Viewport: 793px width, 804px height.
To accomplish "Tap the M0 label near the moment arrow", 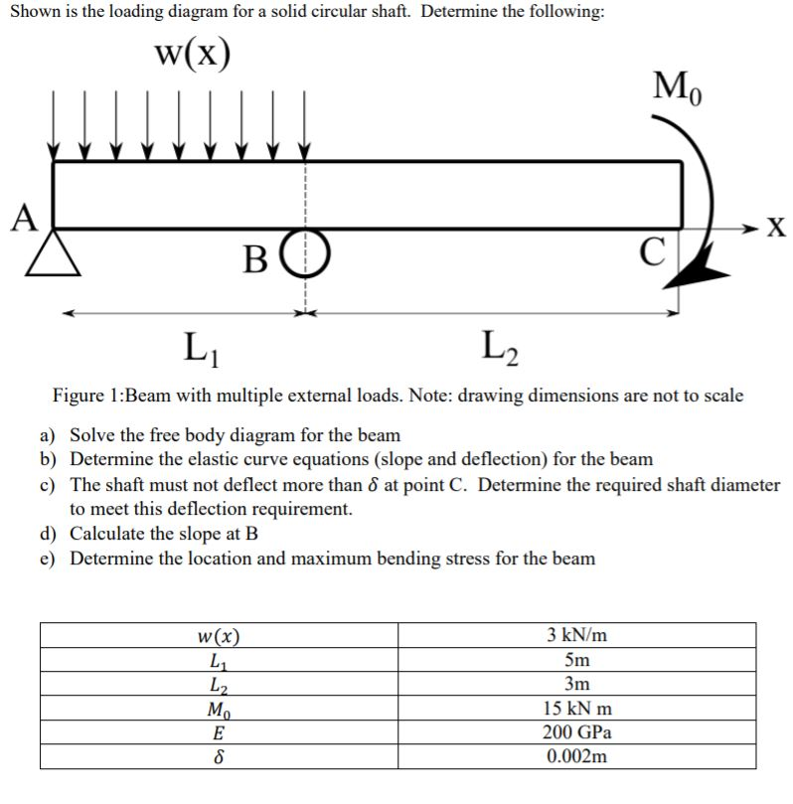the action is point(677,87).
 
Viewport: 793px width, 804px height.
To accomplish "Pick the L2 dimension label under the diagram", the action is point(497,348).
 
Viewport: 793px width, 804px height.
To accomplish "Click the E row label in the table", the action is point(219,732).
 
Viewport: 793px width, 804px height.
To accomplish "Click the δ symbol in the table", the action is point(219,756).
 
